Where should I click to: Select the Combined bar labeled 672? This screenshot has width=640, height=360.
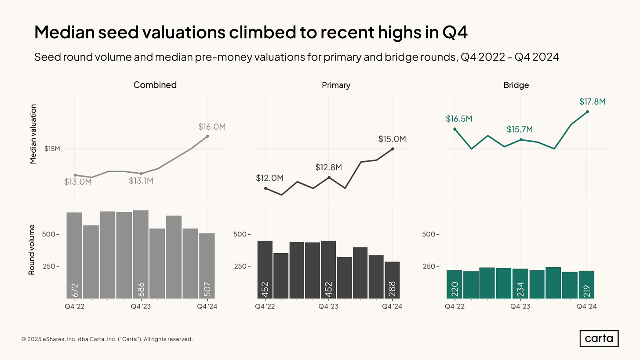click(75, 255)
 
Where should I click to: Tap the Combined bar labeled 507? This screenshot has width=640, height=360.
click(207, 265)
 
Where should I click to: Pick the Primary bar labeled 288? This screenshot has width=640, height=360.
click(393, 280)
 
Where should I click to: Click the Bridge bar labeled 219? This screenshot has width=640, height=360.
click(587, 284)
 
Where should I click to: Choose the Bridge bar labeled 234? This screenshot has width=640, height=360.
click(520, 284)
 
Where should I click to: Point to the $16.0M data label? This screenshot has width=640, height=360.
click(212, 127)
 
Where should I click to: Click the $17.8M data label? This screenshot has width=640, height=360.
click(592, 102)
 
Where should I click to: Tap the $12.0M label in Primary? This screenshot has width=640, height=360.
click(269, 178)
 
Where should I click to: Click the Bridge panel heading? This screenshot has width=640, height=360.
click(516, 85)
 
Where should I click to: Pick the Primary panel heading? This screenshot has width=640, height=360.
click(336, 85)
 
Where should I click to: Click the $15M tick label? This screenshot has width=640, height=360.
click(52, 149)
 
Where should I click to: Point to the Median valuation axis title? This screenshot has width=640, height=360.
click(33, 134)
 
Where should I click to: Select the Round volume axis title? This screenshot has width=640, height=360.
click(32, 250)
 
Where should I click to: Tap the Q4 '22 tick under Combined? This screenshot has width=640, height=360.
click(75, 306)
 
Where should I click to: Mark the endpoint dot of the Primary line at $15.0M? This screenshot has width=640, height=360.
click(393, 149)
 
